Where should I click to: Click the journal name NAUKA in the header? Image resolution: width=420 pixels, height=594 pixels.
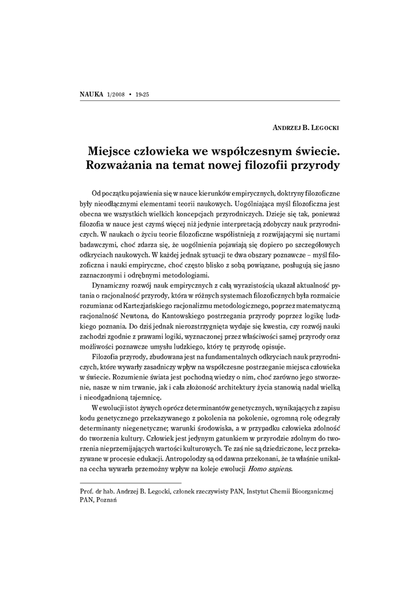pyautogui.click(x=90, y=95)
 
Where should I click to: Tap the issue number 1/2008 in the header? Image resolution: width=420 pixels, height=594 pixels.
pyautogui.click(x=116, y=95)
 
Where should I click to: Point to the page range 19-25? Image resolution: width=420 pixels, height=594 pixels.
pyautogui.click(x=143, y=95)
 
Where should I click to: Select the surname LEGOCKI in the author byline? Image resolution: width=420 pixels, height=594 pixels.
pyautogui.click(x=321, y=128)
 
